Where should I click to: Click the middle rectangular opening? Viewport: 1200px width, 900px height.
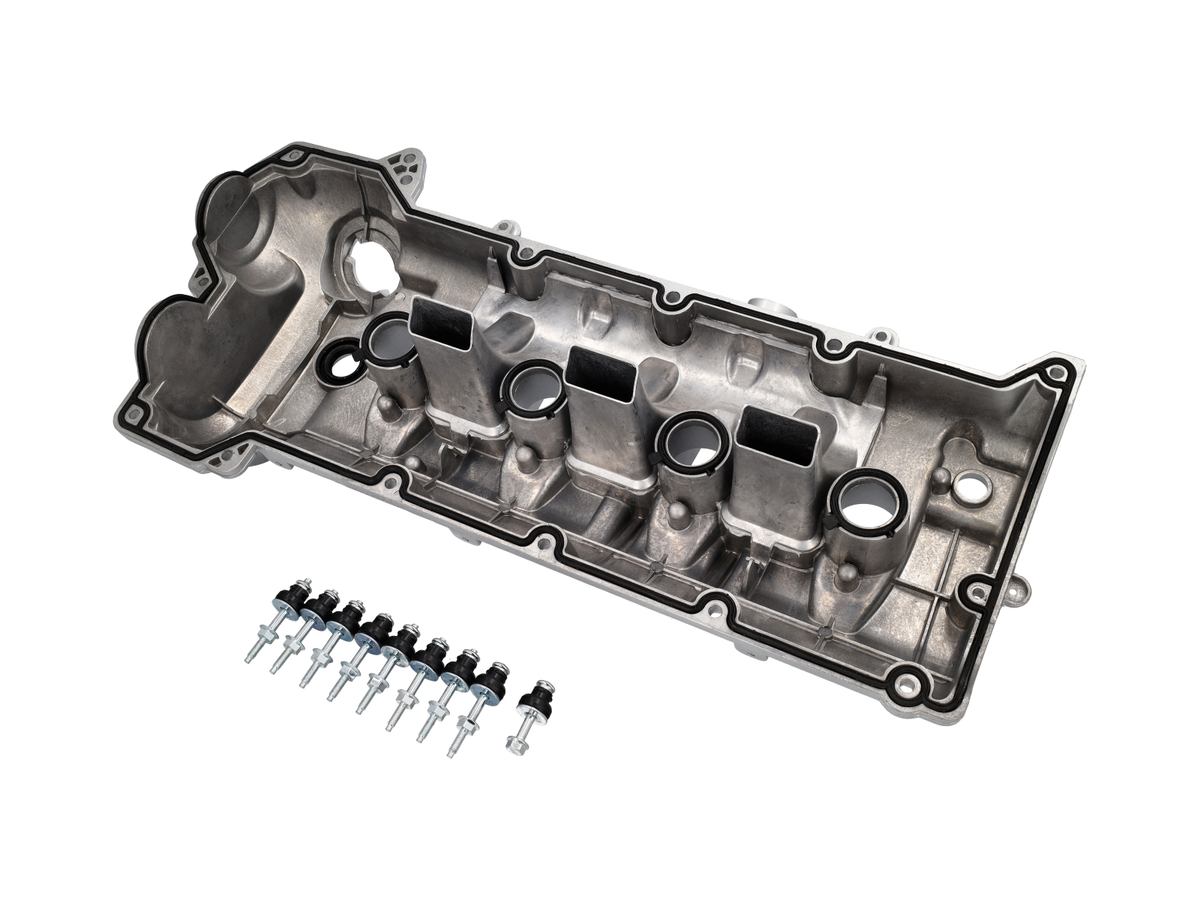[601, 375]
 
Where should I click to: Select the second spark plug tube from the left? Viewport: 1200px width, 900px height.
[533, 387]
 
